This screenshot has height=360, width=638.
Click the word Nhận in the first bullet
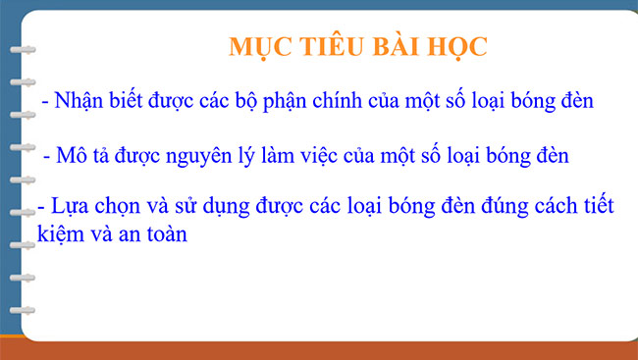(x=81, y=101)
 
